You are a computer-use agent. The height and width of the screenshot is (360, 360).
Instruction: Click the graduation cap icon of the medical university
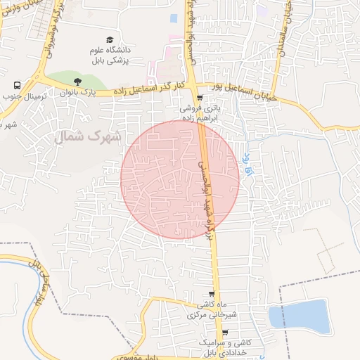pyautogui.click(x=109, y=39)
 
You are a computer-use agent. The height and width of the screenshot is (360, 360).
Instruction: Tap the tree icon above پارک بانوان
pyautogui.click(x=77, y=82)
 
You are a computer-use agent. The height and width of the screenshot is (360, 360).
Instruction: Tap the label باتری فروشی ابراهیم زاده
pyautogui.click(x=199, y=114)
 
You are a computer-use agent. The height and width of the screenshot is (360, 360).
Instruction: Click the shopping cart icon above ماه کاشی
pyautogui.click(x=212, y=294)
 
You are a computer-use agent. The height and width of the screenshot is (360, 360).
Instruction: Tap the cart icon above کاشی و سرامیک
pyautogui.click(x=225, y=333)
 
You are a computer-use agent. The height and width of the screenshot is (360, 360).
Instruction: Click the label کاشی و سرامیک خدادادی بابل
pyautogui.click(x=225, y=346)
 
